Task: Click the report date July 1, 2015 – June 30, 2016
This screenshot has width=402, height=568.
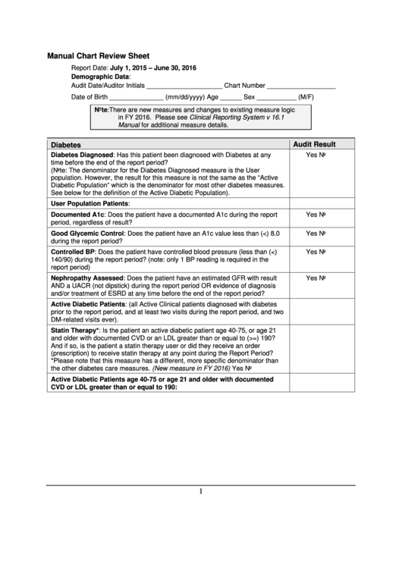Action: [x=153, y=68]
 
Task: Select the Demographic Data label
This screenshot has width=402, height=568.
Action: [x=101, y=77]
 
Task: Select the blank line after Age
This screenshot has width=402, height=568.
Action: [x=231, y=99]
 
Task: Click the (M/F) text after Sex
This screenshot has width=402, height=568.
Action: [x=306, y=98]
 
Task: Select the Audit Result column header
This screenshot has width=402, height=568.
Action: [x=315, y=143]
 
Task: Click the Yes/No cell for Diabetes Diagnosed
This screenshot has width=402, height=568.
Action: [x=315, y=155]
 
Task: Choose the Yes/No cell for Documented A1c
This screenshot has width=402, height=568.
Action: [x=315, y=215]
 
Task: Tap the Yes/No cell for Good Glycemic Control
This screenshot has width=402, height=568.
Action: [x=315, y=234]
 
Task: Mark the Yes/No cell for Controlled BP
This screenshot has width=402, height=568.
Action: [x=315, y=252]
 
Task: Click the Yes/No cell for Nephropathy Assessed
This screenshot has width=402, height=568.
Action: [x=315, y=278]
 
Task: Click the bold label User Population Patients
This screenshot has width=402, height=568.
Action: [x=90, y=203]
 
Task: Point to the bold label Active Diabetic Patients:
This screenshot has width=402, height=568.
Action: [x=83, y=303]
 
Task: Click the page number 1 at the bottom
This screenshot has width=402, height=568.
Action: [x=200, y=491]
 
